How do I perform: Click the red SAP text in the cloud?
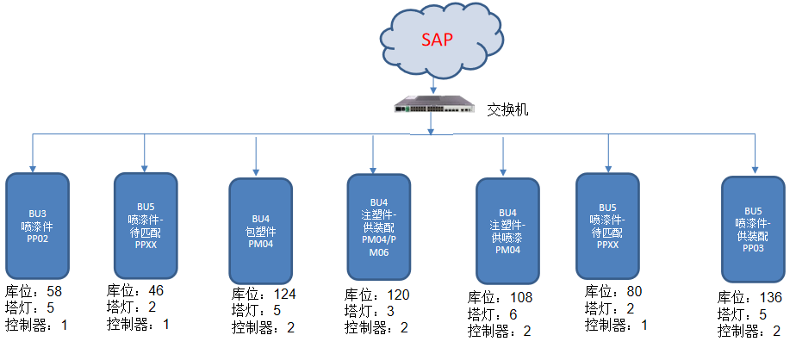click(437, 40)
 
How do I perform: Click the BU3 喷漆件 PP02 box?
click(37, 226)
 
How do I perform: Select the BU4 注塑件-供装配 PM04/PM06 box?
click(379, 227)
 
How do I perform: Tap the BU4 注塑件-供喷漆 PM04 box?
click(507, 232)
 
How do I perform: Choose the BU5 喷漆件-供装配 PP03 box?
click(753, 229)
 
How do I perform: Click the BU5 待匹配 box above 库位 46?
click(146, 226)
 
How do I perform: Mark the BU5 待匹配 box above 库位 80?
click(607, 226)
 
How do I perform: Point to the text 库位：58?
click(34, 293)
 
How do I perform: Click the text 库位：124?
click(264, 295)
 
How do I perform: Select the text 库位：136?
click(749, 298)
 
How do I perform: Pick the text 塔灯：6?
click(493, 314)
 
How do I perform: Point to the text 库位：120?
click(377, 295)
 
